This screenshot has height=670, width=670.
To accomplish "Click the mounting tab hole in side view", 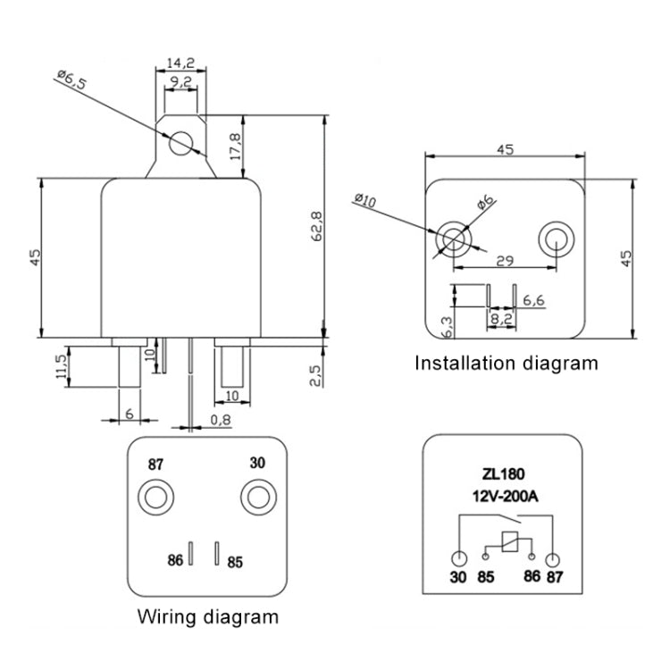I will coord(181,143).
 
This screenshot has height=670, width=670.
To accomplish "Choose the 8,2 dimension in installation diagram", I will coord(501,316).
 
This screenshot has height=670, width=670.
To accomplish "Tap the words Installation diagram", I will coord(505,363).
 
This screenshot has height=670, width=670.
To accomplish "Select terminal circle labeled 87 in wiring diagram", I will coord(157,495).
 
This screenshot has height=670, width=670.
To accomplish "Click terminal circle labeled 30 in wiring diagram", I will coord(257,495).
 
